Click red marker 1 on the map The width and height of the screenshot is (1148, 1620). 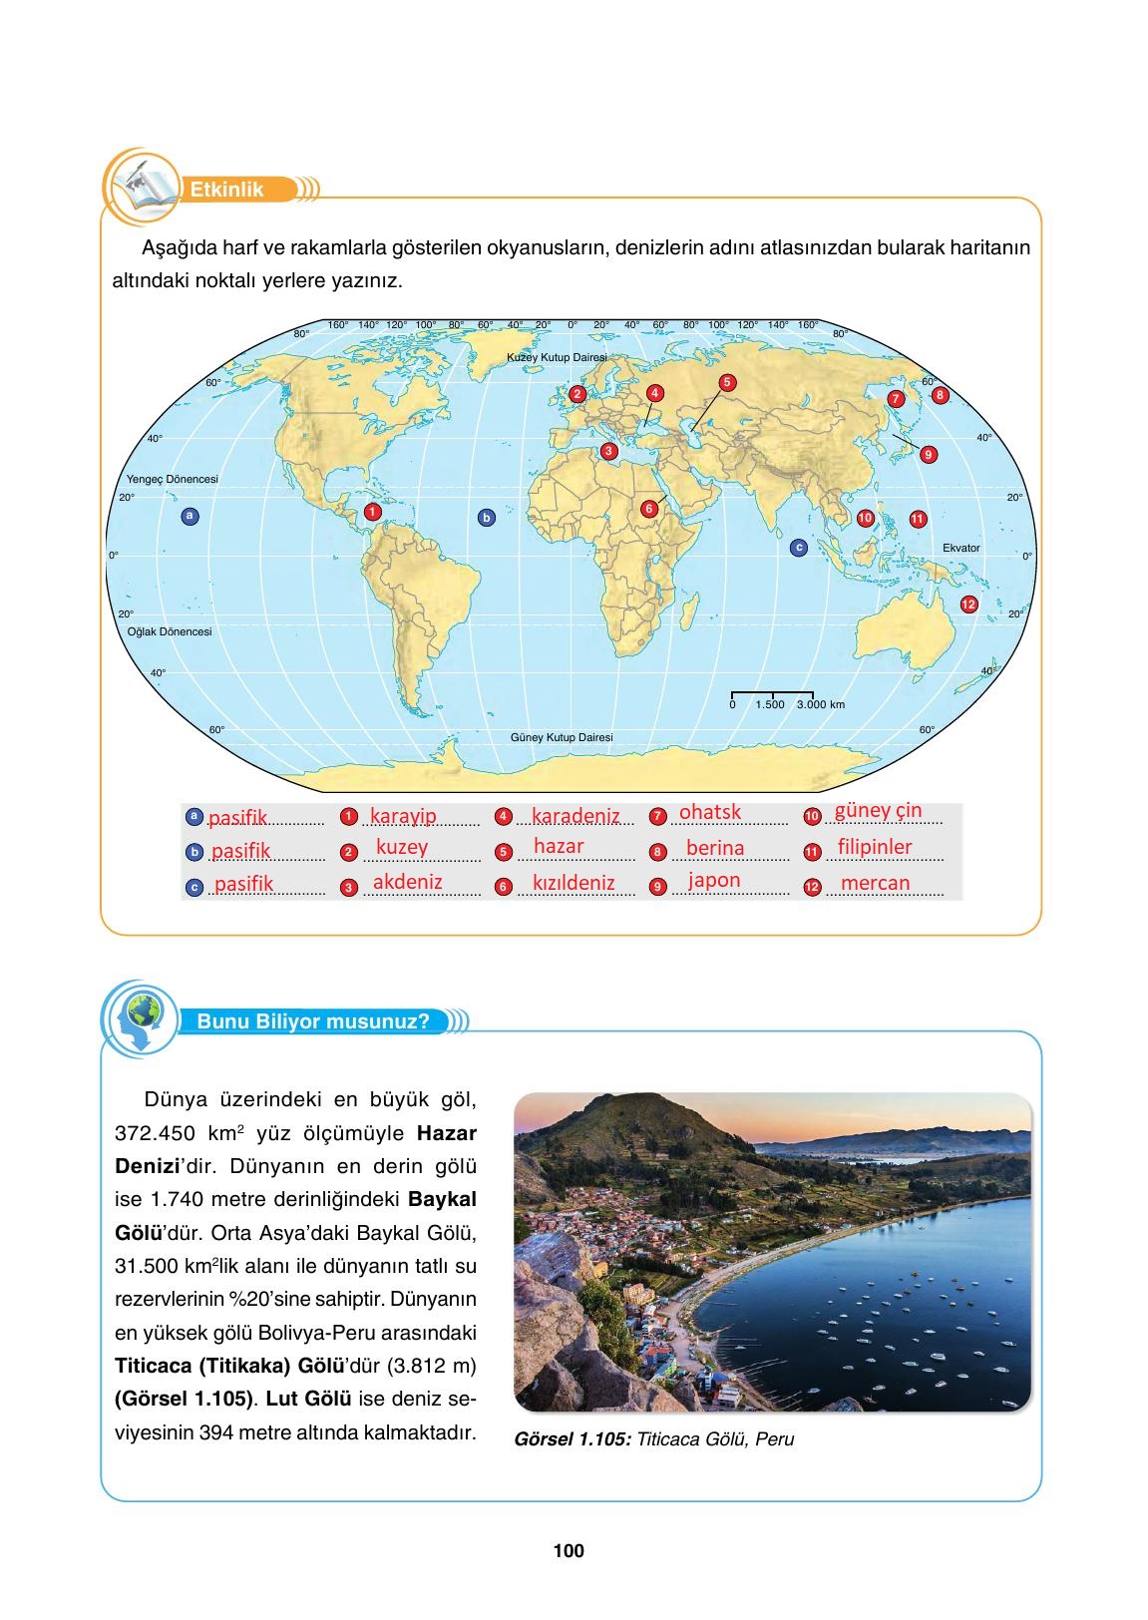click(371, 512)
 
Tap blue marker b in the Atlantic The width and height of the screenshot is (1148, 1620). click(487, 518)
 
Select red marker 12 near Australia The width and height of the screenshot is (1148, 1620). click(968, 605)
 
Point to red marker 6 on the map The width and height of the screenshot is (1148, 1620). click(648, 509)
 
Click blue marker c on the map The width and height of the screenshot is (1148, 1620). click(797, 548)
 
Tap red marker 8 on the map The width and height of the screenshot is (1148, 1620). click(939, 395)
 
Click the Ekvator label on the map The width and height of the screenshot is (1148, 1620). click(960, 548)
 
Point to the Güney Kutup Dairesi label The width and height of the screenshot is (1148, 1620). click(562, 737)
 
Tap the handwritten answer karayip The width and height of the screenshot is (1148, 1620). click(403, 816)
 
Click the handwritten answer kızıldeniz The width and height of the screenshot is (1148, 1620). click(574, 883)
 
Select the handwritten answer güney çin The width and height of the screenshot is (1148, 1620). click(878, 810)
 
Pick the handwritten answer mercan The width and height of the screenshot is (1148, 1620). click(875, 883)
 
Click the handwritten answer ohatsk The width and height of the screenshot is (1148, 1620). click(710, 812)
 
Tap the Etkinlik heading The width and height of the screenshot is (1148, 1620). click(227, 190)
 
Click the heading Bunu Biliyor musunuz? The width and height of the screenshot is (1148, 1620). click(313, 1021)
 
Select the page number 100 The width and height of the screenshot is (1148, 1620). click(568, 1551)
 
